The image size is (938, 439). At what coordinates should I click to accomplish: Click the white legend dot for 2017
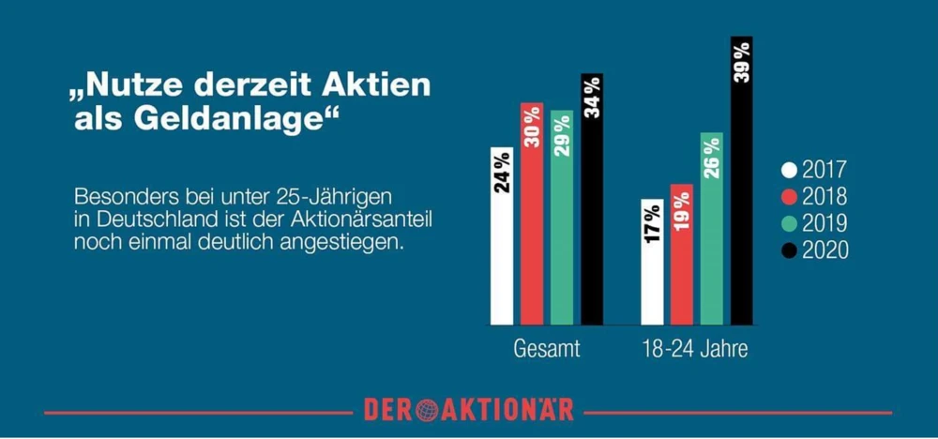point(789,171)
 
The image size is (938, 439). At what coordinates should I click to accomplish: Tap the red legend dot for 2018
point(789,197)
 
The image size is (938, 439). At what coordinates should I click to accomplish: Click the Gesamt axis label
point(547,351)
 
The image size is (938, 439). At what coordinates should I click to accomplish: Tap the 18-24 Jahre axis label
point(695,351)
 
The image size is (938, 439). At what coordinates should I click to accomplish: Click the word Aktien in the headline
point(376,85)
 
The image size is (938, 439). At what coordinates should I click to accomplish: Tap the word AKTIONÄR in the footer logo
point(507,410)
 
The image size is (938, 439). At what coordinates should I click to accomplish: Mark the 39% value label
point(742,64)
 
